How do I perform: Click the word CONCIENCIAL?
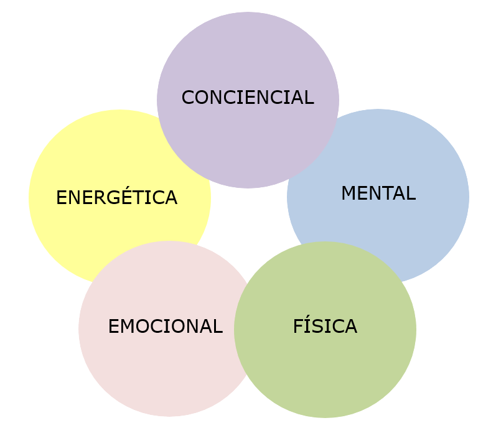tap(247, 98)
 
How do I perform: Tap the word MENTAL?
tap(378, 193)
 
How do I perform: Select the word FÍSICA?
tap(325, 327)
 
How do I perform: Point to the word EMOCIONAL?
tap(165, 327)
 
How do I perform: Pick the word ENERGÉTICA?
tap(116, 198)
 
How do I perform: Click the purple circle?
tap(248, 56)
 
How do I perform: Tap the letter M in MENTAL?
tap(348, 193)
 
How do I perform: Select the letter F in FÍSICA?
tap(297, 327)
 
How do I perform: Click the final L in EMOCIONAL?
tap(218, 327)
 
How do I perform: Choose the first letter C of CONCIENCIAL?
tap(187, 98)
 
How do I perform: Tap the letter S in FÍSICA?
tap(315, 327)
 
